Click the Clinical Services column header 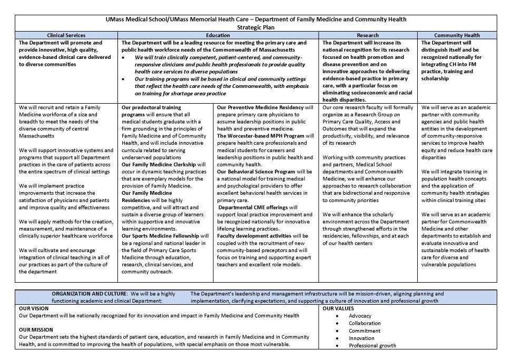pos(66,35)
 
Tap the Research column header pos(368,35)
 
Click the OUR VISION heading pos(34,308)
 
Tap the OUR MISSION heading pos(36,329)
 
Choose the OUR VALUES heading pos(338,308)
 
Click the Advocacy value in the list pos(360,316)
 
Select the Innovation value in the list pos(361,338)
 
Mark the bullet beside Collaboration pos(337,323)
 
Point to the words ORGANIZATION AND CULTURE pos(89,294)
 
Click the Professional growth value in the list pos(372,345)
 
